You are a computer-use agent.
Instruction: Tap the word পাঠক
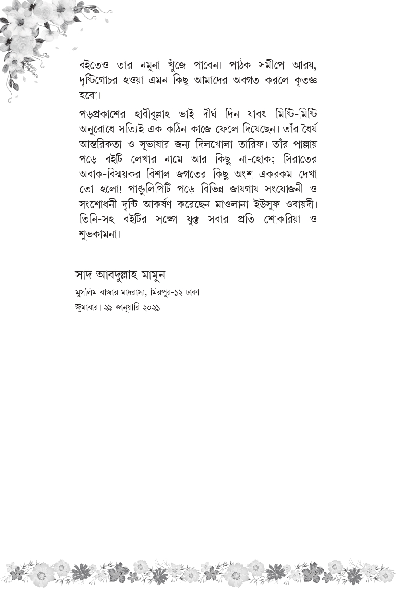pyautogui.click(x=237, y=65)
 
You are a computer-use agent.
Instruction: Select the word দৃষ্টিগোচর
pyautogui.click(x=103, y=80)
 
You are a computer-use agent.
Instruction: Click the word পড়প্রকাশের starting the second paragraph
pyautogui.click(x=107, y=115)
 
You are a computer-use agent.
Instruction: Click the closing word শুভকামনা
pyautogui.click(x=98, y=235)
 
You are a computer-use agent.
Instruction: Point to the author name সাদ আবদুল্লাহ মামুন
pyautogui.click(x=120, y=275)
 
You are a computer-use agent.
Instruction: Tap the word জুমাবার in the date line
pyautogui.click(x=85, y=308)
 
